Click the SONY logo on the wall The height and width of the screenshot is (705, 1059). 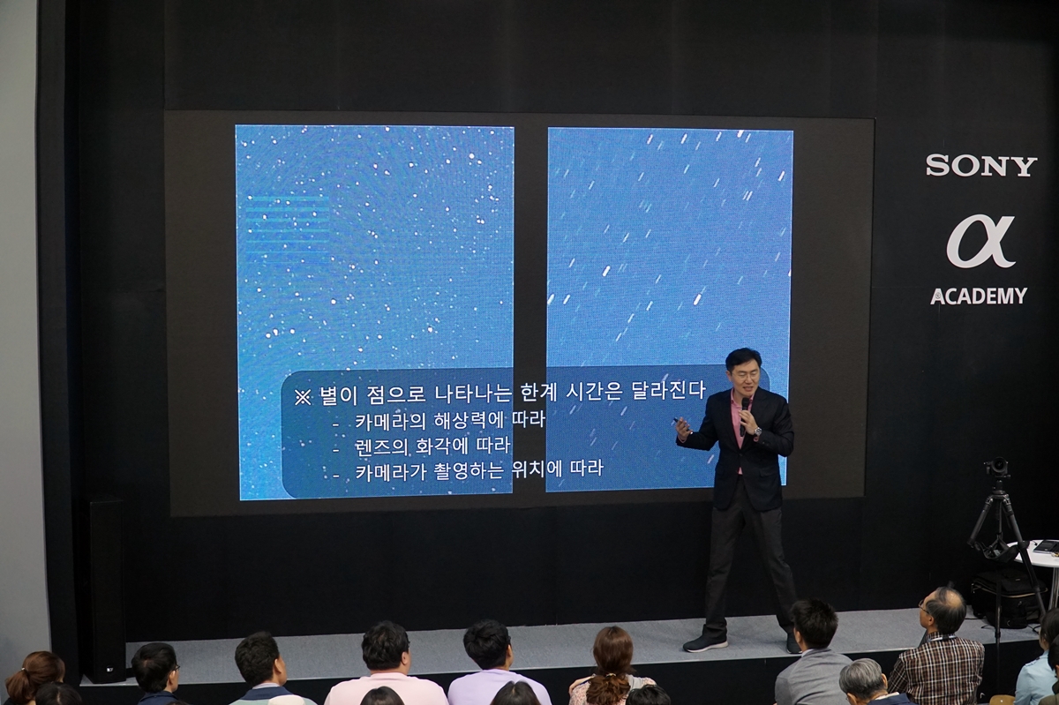tap(981, 166)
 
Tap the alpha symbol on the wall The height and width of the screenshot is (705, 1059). tap(980, 241)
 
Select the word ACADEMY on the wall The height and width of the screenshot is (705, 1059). tap(979, 296)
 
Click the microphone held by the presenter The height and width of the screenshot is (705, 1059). tap(744, 414)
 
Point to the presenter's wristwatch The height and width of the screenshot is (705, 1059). tap(757, 431)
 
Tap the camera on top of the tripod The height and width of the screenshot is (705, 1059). tap(997, 468)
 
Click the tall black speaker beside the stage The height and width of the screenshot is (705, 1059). tap(107, 591)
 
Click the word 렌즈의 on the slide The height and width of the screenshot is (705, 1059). tap(381, 446)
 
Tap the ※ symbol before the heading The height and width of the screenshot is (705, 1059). tap(303, 397)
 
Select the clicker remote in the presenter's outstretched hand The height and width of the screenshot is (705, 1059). tap(680, 421)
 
